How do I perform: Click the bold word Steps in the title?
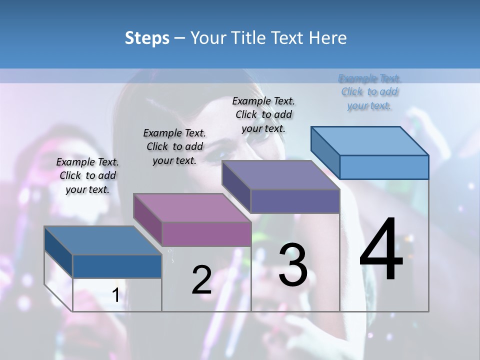click(x=147, y=38)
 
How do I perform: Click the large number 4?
click(x=381, y=250)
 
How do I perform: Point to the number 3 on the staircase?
click(x=293, y=265)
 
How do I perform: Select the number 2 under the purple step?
click(x=201, y=280)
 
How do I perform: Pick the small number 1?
click(x=115, y=295)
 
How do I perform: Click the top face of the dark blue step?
click(x=102, y=240)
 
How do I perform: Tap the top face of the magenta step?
click(x=192, y=207)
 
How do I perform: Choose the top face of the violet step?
click(x=280, y=175)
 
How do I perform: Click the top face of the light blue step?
click(x=370, y=141)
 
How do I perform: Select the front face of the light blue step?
click(x=384, y=167)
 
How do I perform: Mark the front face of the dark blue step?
click(x=117, y=266)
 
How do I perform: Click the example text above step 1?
click(x=87, y=175)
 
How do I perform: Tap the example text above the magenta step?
click(x=174, y=146)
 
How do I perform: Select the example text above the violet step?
click(x=263, y=114)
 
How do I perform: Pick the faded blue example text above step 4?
click(x=369, y=92)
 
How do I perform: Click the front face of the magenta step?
click(x=206, y=234)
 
